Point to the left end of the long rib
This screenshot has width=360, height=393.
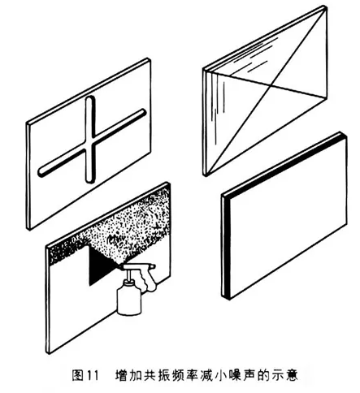[x=40, y=172]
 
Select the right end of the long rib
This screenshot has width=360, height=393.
[x=145, y=111]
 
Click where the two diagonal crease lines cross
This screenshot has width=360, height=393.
[x=271, y=85]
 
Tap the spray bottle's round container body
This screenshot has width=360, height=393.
[x=129, y=299]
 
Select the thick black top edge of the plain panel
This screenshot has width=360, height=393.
[x=284, y=165]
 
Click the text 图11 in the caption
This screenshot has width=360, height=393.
[x=85, y=375]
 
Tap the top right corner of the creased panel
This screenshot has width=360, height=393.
[x=325, y=6]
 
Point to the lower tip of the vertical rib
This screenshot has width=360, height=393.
[x=89, y=182]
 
